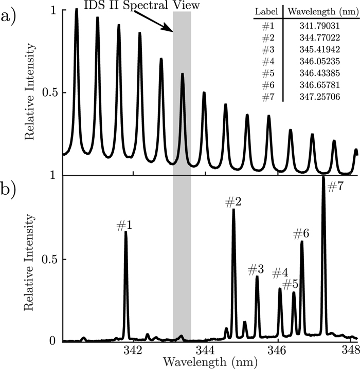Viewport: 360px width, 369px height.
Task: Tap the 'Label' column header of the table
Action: coord(267,11)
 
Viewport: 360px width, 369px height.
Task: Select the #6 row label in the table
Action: coord(267,86)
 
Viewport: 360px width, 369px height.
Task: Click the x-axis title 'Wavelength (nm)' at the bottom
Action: coord(206,362)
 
